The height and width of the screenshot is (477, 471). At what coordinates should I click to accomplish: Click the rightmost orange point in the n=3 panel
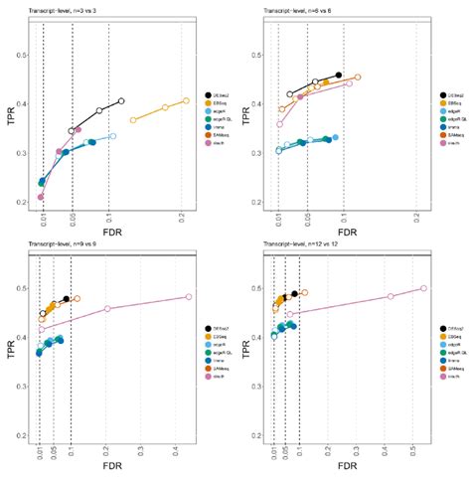coord(186,100)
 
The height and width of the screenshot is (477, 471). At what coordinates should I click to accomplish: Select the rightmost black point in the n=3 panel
coord(121,100)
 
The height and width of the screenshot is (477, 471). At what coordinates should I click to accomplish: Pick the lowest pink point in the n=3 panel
coord(41,197)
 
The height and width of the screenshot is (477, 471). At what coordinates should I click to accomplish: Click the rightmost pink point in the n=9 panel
coord(189,296)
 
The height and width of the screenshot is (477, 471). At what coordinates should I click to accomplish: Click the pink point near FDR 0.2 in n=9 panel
coord(107,308)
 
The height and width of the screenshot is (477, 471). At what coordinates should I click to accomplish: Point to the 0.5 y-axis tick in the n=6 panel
coord(260,52)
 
